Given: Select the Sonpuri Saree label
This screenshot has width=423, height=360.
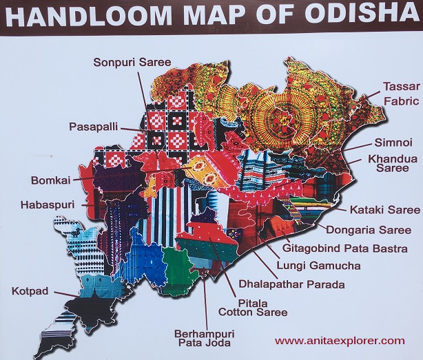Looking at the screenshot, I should coord(132,63).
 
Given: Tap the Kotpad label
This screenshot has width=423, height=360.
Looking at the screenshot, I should coord(30,291).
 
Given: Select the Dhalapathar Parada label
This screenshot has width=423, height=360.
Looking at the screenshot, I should coord(282,282).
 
